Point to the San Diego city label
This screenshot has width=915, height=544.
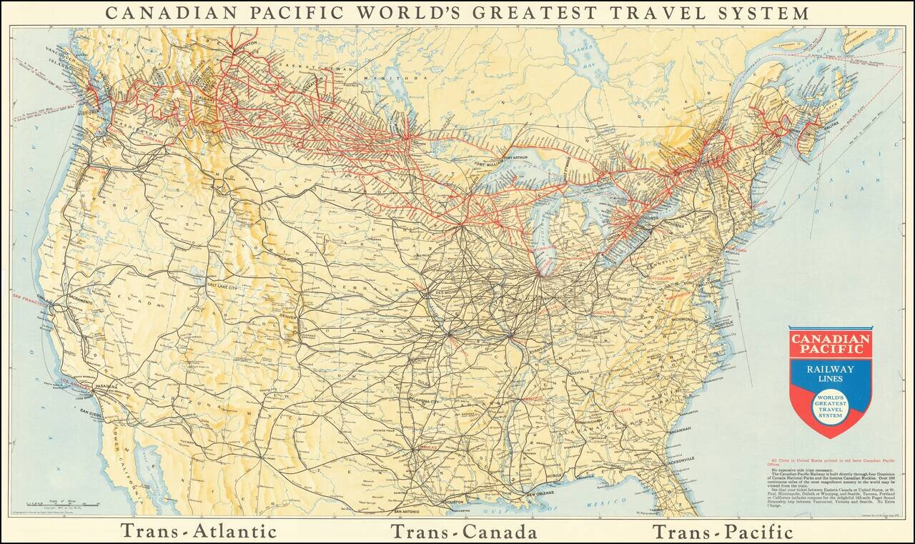click(91, 412)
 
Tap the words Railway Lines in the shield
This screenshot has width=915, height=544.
click(830, 372)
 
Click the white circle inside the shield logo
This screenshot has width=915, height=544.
click(830, 407)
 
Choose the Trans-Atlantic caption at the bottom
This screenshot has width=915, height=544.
click(198, 531)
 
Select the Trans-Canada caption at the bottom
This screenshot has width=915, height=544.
click(464, 531)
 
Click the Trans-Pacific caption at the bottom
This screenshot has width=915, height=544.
click(722, 531)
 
